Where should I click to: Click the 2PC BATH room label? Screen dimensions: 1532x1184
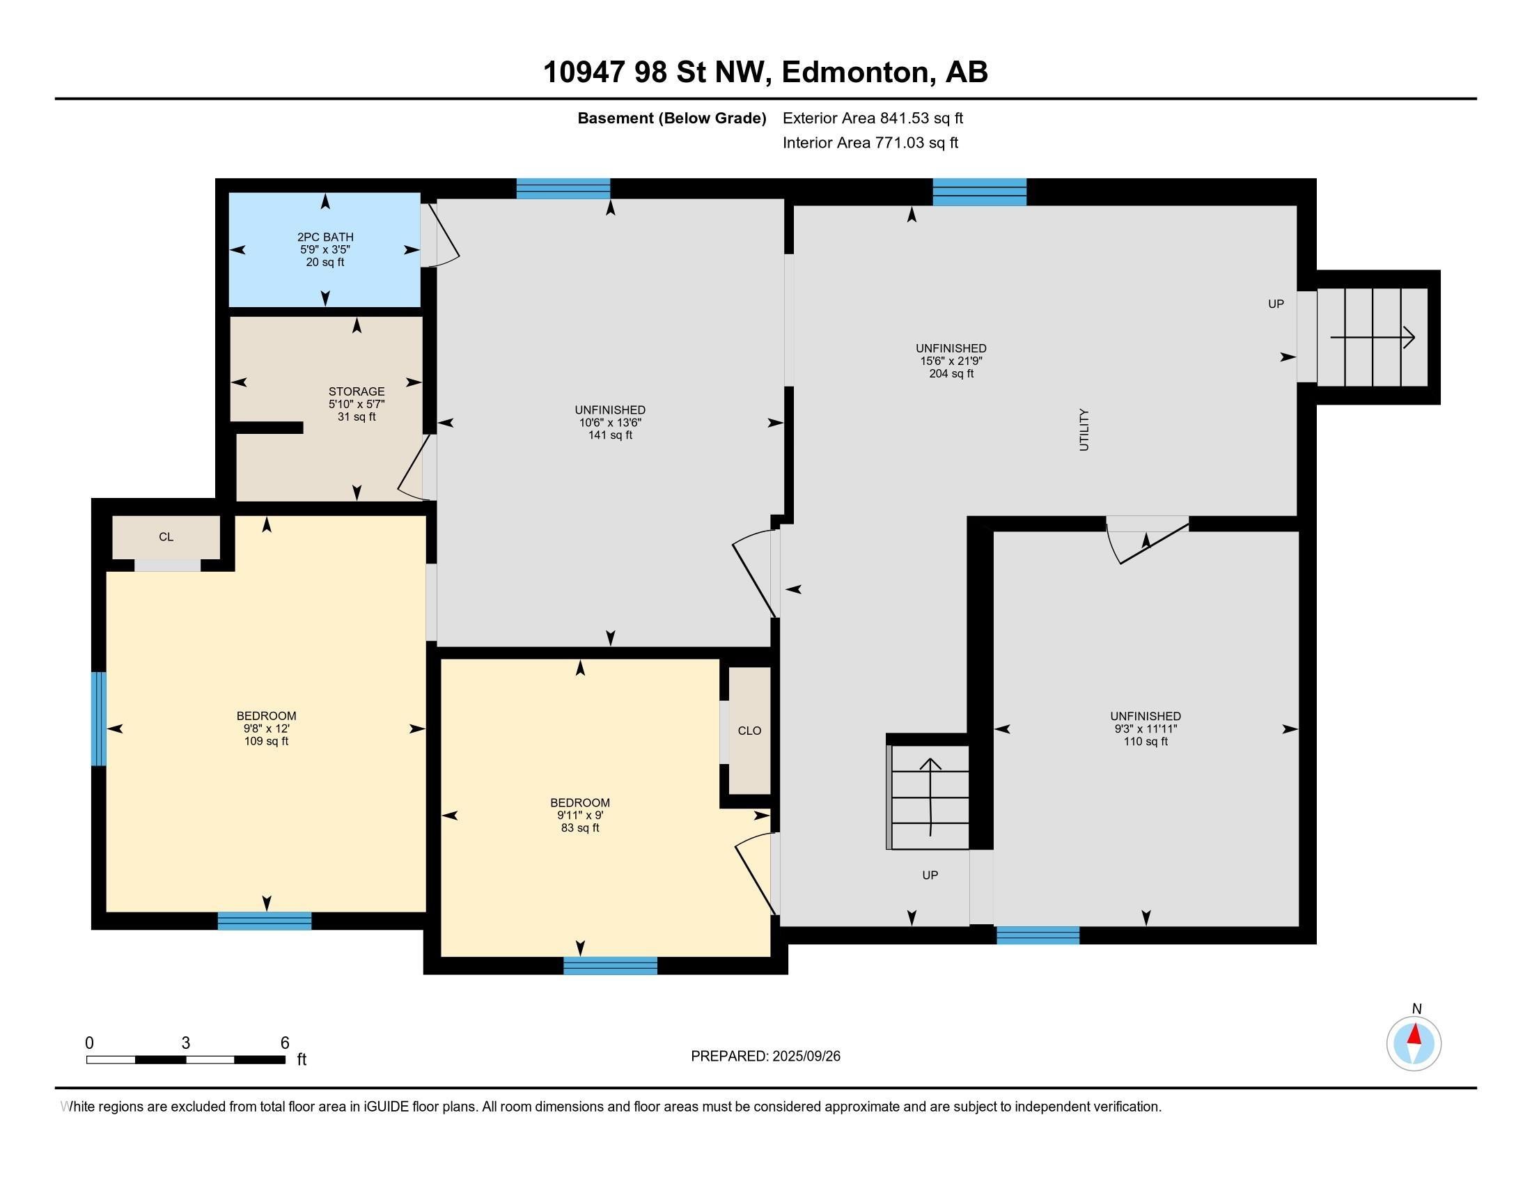click(x=325, y=237)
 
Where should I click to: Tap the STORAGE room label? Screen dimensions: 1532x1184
click(x=357, y=391)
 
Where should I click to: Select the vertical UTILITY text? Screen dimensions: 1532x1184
click(x=1084, y=429)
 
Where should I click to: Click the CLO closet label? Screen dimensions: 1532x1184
click(x=749, y=731)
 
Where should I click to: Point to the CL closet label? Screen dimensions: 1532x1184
click(x=166, y=537)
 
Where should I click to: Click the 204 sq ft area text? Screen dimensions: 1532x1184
click(x=951, y=374)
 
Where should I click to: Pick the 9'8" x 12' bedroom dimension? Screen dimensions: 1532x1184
click(x=267, y=729)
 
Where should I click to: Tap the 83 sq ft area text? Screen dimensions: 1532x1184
click(x=580, y=827)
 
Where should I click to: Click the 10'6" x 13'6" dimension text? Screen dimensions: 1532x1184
click(x=610, y=423)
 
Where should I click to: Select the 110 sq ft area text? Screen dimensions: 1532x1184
click(x=1146, y=742)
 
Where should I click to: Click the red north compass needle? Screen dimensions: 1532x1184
click(x=1415, y=1035)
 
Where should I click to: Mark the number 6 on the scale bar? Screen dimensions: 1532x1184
click(x=285, y=1043)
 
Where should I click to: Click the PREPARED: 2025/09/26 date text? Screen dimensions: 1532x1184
click(x=765, y=1057)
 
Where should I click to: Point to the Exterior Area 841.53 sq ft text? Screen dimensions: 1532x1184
click(x=873, y=118)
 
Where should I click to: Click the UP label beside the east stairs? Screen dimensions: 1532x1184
click(x=1276, y=304)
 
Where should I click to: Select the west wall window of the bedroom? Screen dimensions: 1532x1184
click(x=99, y=719)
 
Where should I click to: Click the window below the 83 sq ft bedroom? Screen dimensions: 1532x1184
click(x=610, y=965)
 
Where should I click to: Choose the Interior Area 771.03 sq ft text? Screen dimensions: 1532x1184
click(x=870, y=143)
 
